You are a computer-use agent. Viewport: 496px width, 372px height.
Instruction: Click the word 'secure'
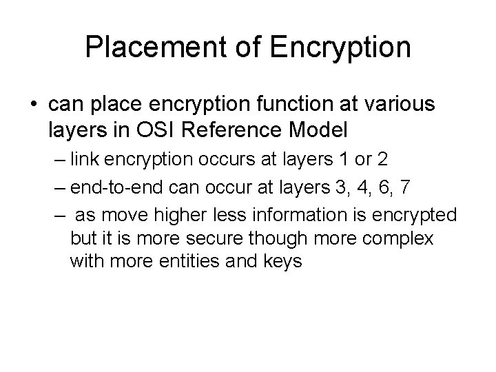pos(206,239)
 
